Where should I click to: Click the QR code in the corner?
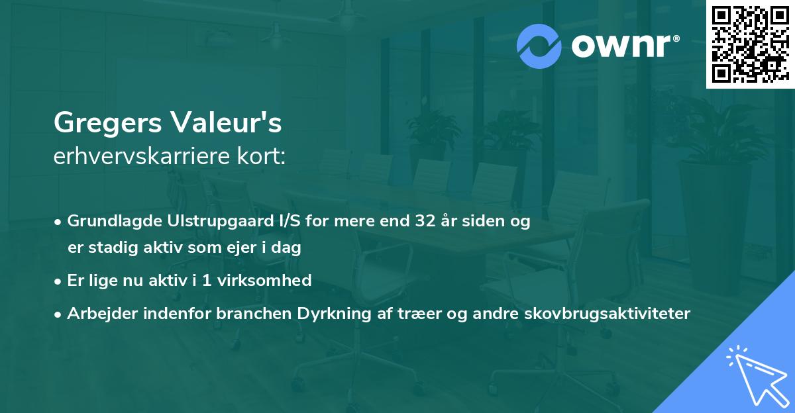coord(750,44)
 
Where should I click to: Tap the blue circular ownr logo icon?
coord(539,46)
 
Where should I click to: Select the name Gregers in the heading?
coord(107,122)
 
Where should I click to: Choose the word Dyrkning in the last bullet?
coord(321,314)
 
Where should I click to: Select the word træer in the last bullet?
coord(392,314)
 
